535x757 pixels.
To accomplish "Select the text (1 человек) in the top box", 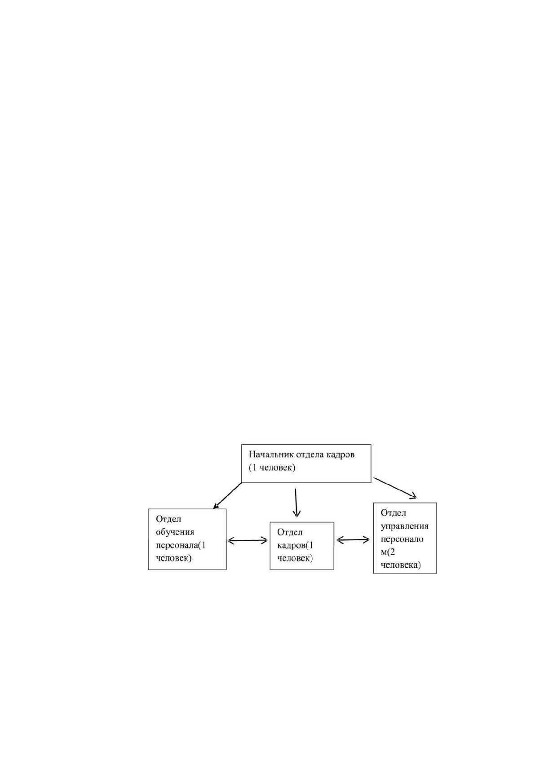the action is (x=272, y=468).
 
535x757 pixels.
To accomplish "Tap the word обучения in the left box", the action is (x=175, y=532).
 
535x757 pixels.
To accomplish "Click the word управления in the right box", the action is (x=405, y=526).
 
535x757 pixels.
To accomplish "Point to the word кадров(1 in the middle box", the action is (x=295, y=545).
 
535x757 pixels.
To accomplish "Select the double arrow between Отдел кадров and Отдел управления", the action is (x=353, y=540).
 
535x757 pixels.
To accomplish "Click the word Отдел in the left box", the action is (x=168, y=519).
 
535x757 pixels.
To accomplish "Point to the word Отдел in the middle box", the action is (x=290, y=532).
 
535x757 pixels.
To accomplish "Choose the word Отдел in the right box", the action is (x=394, y=513).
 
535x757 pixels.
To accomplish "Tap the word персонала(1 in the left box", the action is (x=181, y=545).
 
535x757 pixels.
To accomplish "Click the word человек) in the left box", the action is (x=173, y=558).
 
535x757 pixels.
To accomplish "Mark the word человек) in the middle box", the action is (x=295, y=558).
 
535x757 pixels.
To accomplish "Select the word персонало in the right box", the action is (x=402, y=539).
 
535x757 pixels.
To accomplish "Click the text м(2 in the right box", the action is (x=388, y=552).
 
